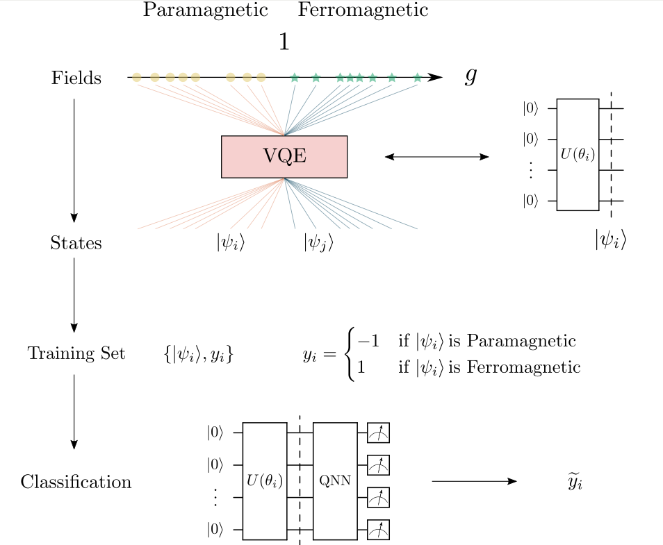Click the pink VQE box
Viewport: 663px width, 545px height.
(284, 156)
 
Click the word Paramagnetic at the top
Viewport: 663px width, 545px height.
(205, 10)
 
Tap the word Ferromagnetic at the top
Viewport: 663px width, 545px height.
(363, 10)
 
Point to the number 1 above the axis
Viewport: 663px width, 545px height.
(284, 42)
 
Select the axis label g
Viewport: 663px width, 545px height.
(470, 76)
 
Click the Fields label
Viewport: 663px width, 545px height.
(76, 78)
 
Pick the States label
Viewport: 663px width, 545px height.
(76, 243)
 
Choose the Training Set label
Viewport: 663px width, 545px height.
(76, 353)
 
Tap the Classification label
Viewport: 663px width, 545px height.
(76, 482)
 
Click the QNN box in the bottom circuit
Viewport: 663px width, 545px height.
(335, 480)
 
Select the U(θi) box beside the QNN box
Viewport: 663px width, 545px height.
(265, 480)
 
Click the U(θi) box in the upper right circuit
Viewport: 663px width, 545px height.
(578, 154)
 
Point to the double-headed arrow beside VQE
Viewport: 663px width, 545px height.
(436, 157)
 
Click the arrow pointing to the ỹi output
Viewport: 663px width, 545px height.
(474, 481)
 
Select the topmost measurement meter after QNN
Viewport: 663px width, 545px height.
(379, 433)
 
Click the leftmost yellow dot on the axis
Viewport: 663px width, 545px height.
(137, 77)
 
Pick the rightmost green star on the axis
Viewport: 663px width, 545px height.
(417, 77)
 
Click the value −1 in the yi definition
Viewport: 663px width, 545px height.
(368, 342)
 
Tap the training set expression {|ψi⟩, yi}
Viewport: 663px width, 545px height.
(198, 354)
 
